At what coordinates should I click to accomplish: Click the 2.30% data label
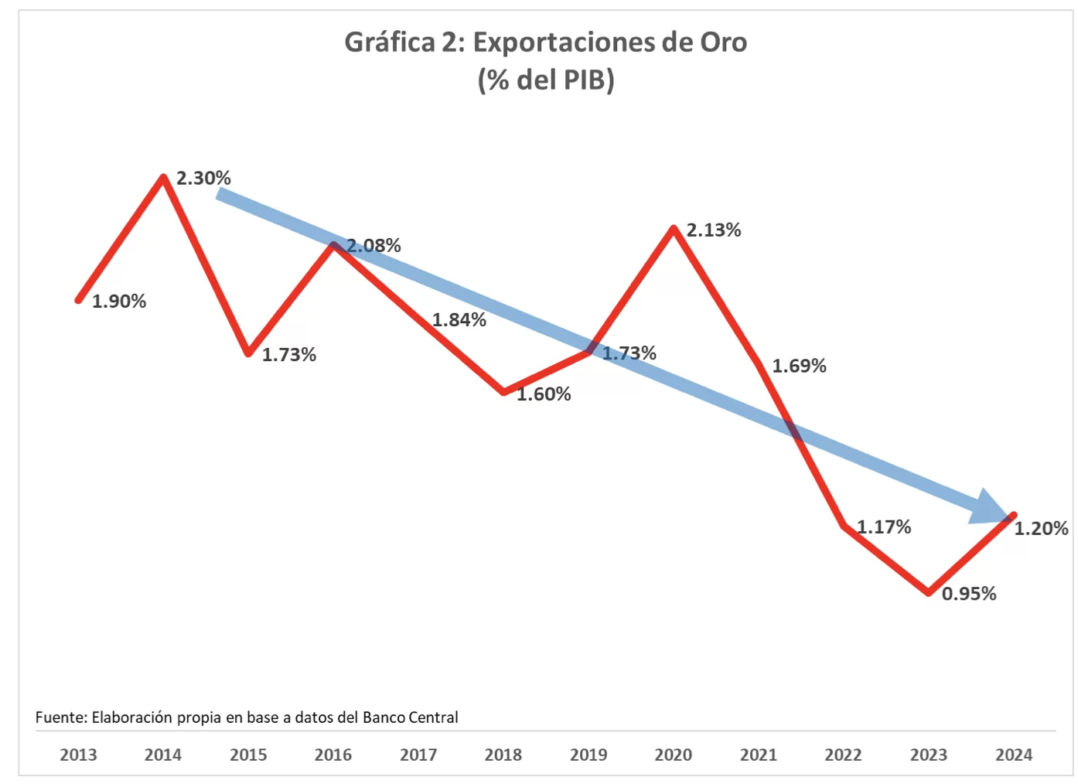coord(203,179)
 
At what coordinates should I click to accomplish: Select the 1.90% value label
coord(119,302)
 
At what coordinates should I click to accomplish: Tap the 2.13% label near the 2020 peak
coord(714,230)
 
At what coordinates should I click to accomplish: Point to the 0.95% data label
coord(969,594)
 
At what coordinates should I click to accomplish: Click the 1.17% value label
coord(884,527)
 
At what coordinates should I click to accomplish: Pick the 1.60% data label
coord(544,394)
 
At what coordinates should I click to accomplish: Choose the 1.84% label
coord(459,320)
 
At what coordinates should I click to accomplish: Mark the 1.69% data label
coord(799,366)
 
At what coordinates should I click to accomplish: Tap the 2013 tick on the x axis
coord(78,755)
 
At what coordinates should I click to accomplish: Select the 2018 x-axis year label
coord(503,755)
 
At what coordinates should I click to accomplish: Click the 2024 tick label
coord(1014,755)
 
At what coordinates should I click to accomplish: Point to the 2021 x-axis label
coord(759,755)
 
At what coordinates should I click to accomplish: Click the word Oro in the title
coord(724,43)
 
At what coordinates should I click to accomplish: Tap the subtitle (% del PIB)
coord(546,80)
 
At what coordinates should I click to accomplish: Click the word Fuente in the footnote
coord(60,718)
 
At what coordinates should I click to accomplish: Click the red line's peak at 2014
coord(163,178)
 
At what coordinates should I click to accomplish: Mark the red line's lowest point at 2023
coord(929,592)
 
